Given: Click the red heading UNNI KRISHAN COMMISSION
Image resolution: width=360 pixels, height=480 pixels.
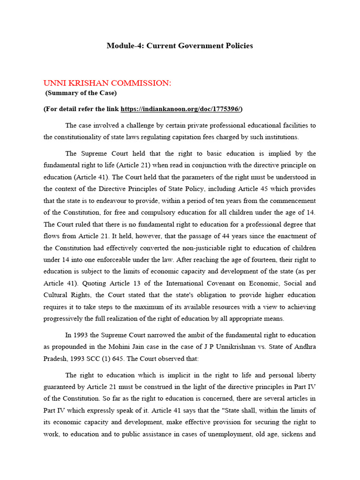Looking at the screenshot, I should (107, 83).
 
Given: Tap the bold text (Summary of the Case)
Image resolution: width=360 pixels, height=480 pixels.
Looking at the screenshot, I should (81, 93).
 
